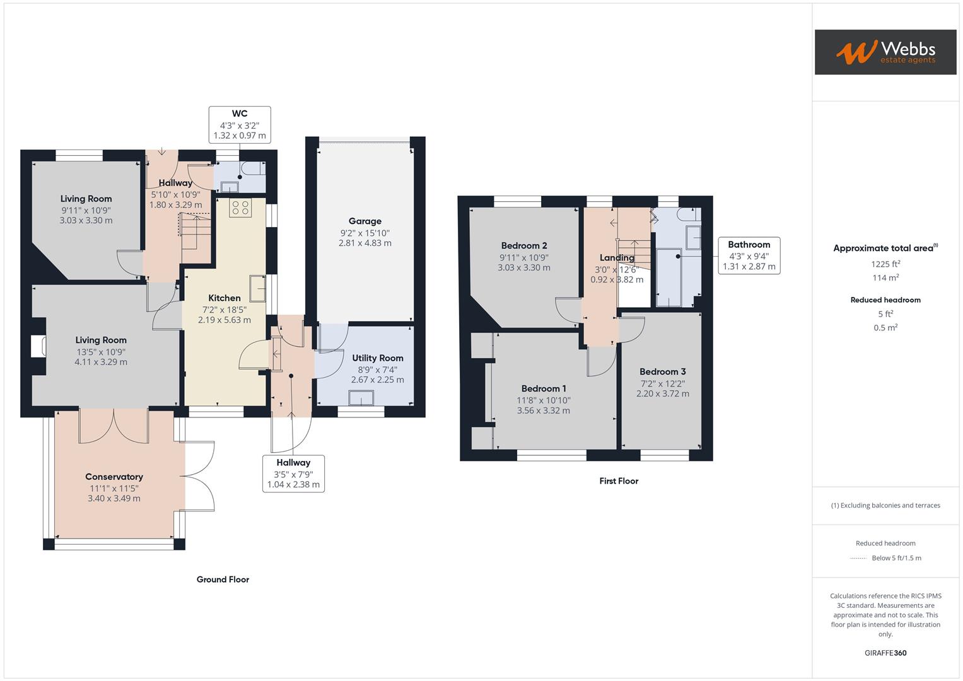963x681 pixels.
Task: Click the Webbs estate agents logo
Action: pyautogui.click(x=885, y=52)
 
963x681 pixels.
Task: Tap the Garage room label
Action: pyautogui.click(x=365, y=221)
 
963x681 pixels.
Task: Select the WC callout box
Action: pyautogui.click(x=240, y=124)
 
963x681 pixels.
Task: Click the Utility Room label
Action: pyautogui.click(x=377, y=358)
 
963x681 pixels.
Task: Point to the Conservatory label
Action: pyautogui.click(x=114, y=477)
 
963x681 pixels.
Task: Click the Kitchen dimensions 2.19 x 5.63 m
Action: pyautogui.click(x=225, y=320)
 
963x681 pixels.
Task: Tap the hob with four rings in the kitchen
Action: pyautogui.click(x=240, y=208)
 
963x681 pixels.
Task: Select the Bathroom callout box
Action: pyautogui.click(x=749, y=255)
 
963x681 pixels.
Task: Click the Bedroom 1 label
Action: pyautogui.click(x=543, y=388)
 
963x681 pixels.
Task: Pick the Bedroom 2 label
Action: pyautogui.click(x=523, y=246)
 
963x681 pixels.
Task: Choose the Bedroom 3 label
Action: pyautogui.click(x=662, y=372)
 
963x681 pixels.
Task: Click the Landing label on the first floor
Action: pyautogui.click(x=616, y=258)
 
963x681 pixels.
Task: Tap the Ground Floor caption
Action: pyautogui.click(x=223, y=579)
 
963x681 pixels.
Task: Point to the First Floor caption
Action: pyautogui.click(x=619, y=481)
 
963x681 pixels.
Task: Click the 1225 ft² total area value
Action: pyautogui.click(x=885, y=264)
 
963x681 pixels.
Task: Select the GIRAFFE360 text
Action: pyautogui.click(x=885, y=653)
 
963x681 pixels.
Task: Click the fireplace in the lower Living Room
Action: pyautogui.click(x=38, y=347)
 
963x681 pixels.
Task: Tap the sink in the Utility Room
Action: pyautogui.click(x=361, y=398)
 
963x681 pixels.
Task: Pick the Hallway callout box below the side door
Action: pyautogui.click(x=293, y=474)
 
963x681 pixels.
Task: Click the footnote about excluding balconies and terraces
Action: pyautogui.click(x=885, y=505)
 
